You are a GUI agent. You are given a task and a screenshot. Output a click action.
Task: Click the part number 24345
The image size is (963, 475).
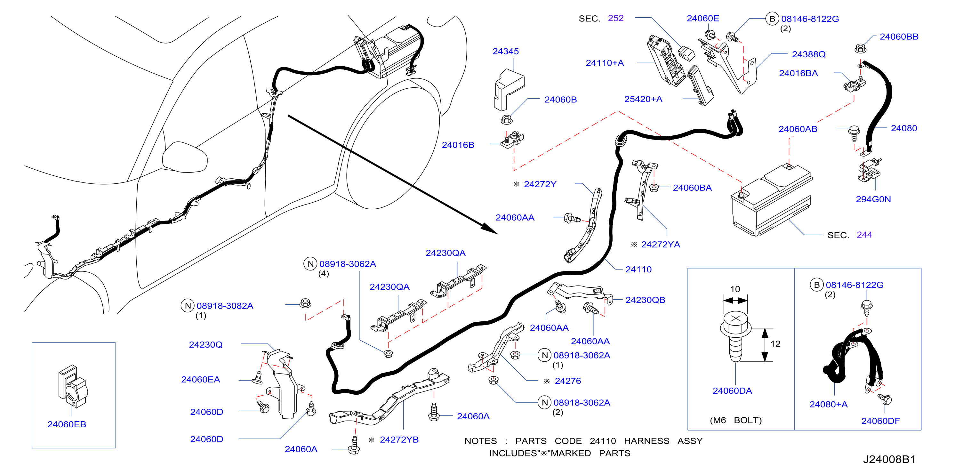pos(505,51)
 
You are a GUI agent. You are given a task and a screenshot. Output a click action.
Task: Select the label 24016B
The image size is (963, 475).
pos(458,145)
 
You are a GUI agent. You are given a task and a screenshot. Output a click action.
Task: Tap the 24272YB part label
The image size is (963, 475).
pos(399,439)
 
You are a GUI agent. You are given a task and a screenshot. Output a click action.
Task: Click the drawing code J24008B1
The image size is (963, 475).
pos(889,459)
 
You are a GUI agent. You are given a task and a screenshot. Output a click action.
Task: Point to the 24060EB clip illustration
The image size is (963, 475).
pos(73,386)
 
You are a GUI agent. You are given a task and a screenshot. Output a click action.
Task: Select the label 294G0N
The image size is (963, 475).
pos(873,199)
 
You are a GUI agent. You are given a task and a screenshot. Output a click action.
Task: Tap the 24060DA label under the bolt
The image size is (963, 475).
pos(732,391)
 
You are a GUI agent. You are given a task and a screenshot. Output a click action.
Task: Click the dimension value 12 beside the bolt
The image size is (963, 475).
pos(775,344)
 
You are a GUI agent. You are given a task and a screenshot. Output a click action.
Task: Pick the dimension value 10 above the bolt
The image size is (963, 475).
pos(735,289)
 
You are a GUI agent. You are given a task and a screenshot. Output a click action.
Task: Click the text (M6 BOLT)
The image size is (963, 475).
pos(736,420)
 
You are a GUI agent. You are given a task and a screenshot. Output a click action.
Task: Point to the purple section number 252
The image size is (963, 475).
pos(616,18)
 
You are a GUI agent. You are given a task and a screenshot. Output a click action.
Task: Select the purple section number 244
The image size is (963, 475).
pos(864,235)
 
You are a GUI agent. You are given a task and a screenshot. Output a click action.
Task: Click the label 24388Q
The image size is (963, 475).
pos(809,54)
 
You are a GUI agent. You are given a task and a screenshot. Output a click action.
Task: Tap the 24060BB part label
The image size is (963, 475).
pos(899,37)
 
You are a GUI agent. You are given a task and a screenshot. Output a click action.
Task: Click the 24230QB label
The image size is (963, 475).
pos(645,300)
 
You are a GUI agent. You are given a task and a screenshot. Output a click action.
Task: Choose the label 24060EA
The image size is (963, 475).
pos(200,380)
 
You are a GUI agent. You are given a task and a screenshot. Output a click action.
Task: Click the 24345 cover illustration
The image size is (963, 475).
pos(509,90)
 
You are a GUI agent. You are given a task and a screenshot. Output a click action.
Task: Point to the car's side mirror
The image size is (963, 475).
pos(185,157)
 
